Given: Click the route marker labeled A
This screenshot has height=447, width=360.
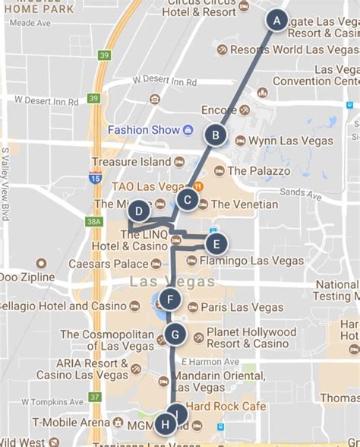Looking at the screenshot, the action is coord(277,21).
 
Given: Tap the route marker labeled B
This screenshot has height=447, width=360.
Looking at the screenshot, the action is coord(216,135).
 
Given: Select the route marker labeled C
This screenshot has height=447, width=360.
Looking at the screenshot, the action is coord(187,200).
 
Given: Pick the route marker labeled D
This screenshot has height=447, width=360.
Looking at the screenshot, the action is coord(137,211).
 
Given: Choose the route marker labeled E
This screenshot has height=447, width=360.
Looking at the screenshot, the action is coord(216,244).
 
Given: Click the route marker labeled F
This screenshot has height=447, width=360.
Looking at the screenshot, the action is coord(171,300).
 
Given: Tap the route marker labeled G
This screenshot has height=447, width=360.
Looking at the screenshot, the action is coord(175,334).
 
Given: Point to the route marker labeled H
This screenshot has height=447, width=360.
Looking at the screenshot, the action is coord(166,424).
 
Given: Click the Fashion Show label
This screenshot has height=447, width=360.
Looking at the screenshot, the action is coord(144,130).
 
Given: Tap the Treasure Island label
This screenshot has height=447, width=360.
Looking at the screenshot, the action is coord(131,162).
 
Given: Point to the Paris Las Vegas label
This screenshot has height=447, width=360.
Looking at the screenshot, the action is coord(242,307).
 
